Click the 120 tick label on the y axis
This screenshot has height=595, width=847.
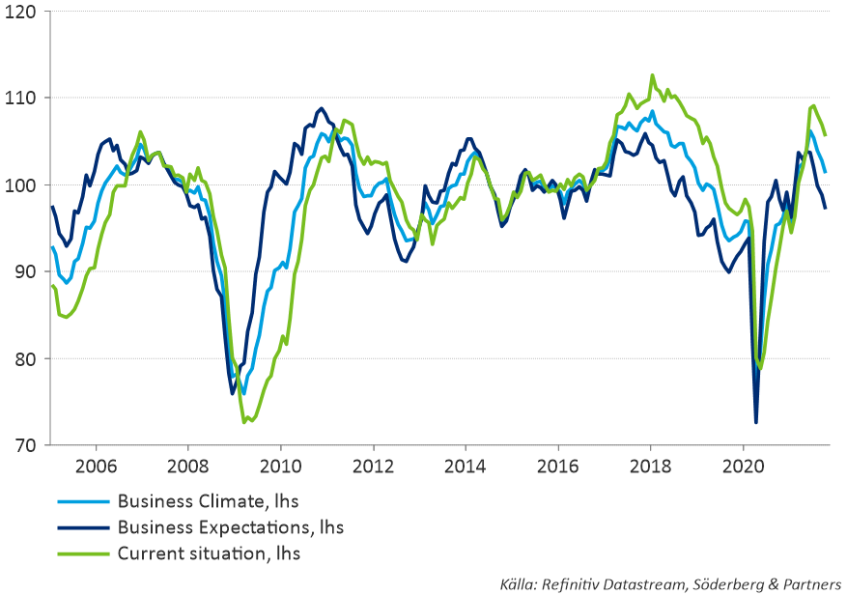click(20, 12)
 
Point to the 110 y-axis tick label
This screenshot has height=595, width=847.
click(20, 99)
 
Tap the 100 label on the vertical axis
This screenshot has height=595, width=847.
click(20, 185)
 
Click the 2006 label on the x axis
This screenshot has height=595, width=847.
click(96, 465)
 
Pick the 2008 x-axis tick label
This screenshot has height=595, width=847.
click(188, 465)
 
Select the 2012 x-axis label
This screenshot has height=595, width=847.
click(373, 465)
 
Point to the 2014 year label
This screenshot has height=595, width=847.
click(466, 465)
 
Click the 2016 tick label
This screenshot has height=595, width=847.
click(558, 465)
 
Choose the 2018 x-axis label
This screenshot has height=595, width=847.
click(651, 465)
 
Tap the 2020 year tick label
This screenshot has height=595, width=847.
click(743, 465)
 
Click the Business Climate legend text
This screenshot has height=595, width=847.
click(206, 501)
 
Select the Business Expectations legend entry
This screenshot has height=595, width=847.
click(230, 527)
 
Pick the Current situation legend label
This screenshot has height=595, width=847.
click(208, 553)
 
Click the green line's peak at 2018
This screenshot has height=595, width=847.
click(652, 74)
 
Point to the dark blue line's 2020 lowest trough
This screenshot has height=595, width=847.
click(756, 422)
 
